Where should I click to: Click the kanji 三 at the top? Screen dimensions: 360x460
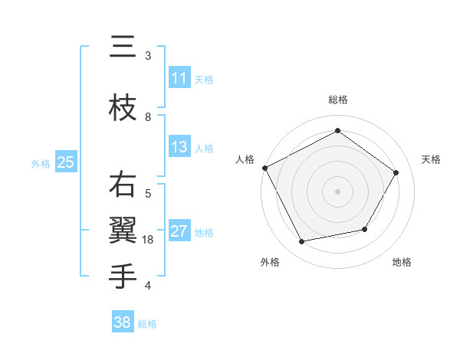123,47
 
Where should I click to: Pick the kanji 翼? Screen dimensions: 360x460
123,231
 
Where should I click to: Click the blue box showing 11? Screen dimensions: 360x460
179,78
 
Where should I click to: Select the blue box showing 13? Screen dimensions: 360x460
179,147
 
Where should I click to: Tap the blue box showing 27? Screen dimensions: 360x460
179,231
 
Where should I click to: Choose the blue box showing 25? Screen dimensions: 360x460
65,162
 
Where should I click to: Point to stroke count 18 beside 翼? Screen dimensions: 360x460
149,240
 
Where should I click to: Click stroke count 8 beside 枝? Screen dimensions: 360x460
148,116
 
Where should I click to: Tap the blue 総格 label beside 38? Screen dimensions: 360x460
147,324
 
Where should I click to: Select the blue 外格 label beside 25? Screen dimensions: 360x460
41,163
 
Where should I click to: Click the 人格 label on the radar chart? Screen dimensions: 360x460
245,159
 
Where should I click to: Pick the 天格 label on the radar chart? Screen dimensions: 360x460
432,159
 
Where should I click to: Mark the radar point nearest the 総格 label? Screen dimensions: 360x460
337,131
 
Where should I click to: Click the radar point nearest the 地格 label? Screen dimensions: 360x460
365,229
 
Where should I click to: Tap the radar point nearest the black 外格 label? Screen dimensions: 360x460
302,242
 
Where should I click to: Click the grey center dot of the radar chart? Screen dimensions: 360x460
337,191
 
